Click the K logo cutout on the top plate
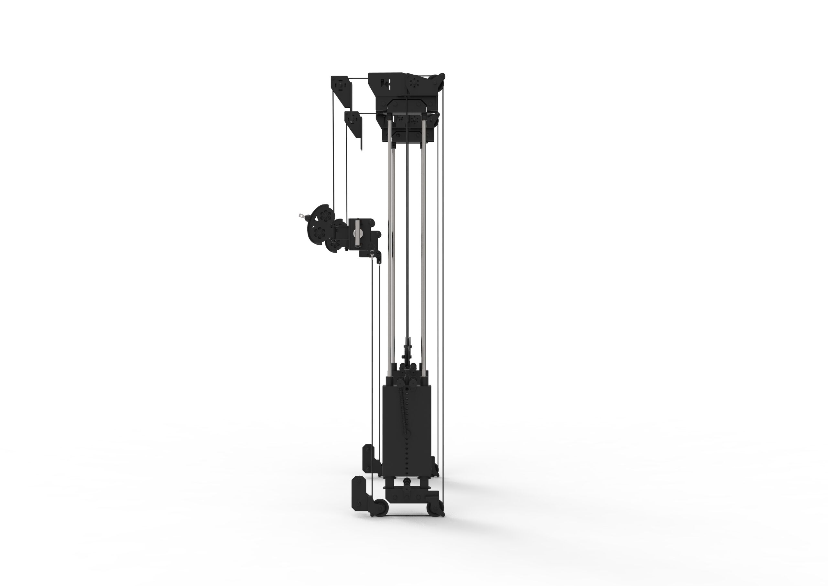pos(385,84)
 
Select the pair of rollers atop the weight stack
pos(407,381)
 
